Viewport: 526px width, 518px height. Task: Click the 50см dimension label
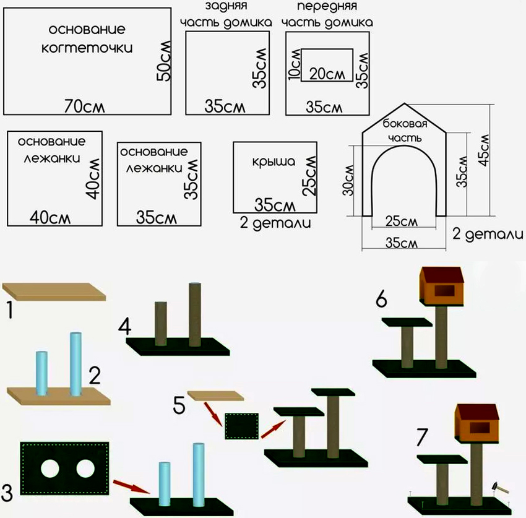click(163, 62)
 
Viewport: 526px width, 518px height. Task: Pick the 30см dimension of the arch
click(350, 179)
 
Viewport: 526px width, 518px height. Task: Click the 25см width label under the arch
click(400, 221)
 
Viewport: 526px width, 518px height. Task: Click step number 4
click(126, 326)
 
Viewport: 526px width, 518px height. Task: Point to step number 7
click(421, 437)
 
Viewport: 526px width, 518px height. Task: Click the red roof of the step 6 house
click(442, 275)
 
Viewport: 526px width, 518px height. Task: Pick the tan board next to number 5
click(215, 395)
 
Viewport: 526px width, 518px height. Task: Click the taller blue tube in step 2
click(76, 365)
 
